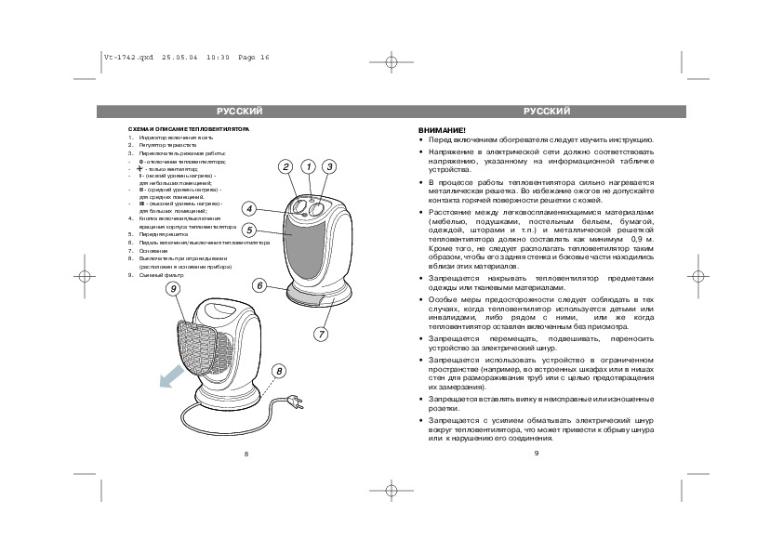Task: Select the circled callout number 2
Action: (x=285, y=166)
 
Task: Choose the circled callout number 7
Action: (x=322, y=332)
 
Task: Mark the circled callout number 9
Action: (x=173, y=289)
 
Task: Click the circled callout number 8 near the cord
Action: (x=277, y=371)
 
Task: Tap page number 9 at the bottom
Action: (x=537, y=454)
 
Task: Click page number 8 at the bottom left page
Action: (x=246, y=454)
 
